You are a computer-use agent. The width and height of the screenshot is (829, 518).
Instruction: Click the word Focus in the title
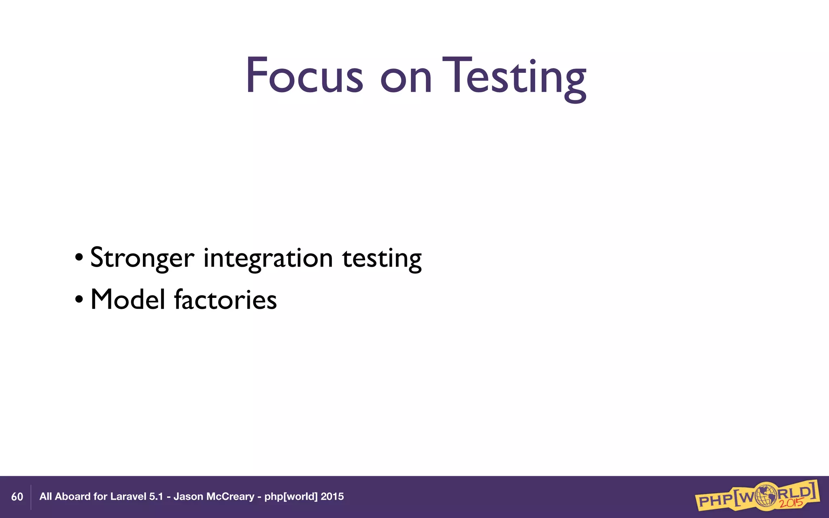click(304, 76)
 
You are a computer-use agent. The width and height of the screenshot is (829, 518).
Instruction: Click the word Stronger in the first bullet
click(142, 258)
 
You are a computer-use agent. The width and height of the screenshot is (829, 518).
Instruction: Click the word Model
click(128, 299)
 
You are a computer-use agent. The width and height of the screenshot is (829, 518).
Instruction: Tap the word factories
click(225, 299)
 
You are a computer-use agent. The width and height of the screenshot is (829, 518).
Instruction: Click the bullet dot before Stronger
click(79, 258)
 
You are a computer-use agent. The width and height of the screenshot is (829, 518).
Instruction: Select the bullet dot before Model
click(79, 299)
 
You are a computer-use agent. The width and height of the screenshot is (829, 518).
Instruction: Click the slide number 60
click(17, 497)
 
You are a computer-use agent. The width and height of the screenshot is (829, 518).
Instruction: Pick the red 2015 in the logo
click(791, 503)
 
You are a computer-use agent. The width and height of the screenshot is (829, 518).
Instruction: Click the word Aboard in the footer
click(72, 497)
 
